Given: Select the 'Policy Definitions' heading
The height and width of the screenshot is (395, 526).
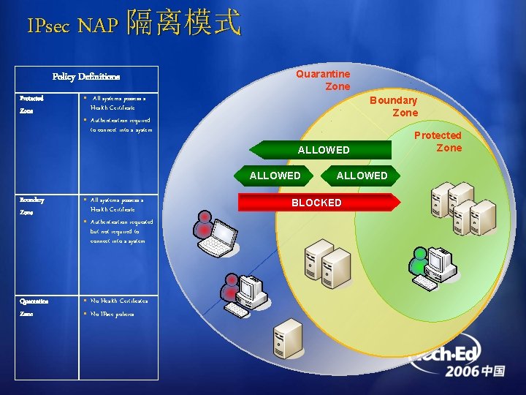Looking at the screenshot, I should (86, 77).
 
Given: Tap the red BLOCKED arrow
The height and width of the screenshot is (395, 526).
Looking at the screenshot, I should (317, 203).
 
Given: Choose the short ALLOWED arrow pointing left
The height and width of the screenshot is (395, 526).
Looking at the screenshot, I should (275, 176).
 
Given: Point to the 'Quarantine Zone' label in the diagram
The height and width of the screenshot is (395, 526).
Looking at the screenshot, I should (323, 80).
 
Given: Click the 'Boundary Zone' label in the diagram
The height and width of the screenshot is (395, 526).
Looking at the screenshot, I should (394, 106).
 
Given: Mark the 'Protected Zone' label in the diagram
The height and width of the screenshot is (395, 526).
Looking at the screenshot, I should (438, 141).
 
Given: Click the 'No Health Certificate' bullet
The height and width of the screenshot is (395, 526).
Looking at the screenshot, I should (117, 301).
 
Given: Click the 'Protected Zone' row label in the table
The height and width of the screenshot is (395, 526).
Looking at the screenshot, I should (31, 105).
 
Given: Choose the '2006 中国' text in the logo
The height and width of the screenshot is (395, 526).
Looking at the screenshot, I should (476, 371).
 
